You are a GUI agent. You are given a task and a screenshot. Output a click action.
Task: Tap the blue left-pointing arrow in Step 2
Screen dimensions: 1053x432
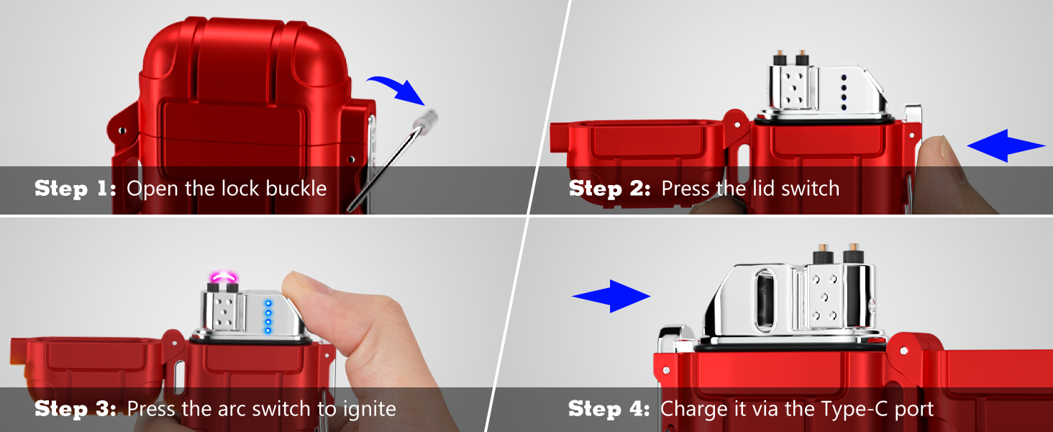pyautogui.click(x=1006, y=145)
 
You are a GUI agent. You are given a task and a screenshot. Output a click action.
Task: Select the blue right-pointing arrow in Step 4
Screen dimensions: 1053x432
pyautogui.click(x=611, y=296)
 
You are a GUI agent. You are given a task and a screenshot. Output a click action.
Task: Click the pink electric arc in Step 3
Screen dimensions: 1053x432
pyautogui.click(x=223, y=276)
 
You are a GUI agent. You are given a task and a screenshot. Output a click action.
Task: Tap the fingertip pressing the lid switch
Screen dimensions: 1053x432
pyautogui.click(x=933, y=156)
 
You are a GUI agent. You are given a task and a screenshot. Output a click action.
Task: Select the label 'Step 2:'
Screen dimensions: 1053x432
pyautogui.click(x=610, y=188)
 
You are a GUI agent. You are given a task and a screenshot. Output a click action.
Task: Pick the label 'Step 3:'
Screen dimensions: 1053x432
pyautogui.click(x=76, y=408)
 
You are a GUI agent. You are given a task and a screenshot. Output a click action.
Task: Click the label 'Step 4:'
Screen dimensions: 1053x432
pyautogui.click(x=609, y=408)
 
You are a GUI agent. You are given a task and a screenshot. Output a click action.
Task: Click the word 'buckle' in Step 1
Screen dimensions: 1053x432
pyautogui.click(x=296, y=188)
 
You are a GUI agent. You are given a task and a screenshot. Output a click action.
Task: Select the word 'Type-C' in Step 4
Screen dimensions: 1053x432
pyautogui.click(x=854, y=408)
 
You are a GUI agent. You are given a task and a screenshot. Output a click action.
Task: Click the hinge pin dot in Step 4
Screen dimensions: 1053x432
pyautogui.click(x=903, y=351)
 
